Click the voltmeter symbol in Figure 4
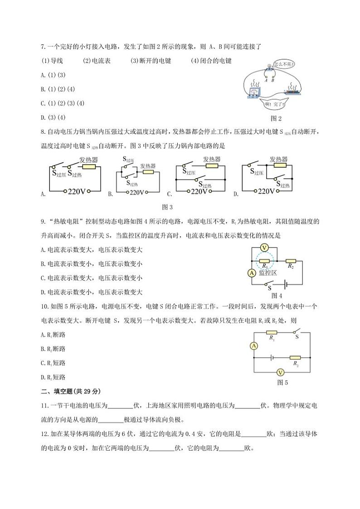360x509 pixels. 267,247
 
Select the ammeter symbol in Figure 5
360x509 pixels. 254,345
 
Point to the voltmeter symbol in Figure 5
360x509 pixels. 281,372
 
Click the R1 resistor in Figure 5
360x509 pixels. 272,333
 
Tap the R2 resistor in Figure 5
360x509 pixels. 295,357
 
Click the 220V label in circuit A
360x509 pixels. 76,191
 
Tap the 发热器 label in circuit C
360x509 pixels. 211,159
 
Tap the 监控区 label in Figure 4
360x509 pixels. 268,272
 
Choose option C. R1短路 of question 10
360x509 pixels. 53,363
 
